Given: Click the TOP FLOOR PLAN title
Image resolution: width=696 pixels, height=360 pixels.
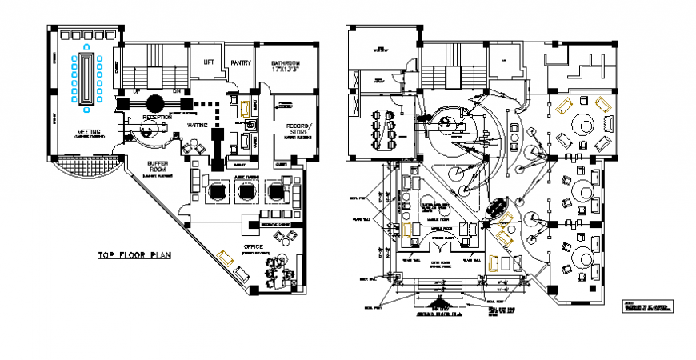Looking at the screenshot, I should (x=135, y=256).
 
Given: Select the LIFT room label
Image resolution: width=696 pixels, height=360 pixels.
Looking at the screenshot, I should (x=208, y=62).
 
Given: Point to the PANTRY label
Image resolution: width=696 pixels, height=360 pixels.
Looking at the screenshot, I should (x=240, y=62).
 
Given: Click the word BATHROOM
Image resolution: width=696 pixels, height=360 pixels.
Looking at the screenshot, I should (x=285, y=62).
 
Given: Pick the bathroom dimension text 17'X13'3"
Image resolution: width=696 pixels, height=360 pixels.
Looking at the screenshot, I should (x=285, y=70).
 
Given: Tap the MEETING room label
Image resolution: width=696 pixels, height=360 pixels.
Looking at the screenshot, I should (x=87, y=131).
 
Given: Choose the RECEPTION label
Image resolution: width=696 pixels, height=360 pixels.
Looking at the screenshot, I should (x=157, y=118).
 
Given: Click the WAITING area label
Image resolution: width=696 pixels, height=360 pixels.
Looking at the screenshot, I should (x=198, y=126).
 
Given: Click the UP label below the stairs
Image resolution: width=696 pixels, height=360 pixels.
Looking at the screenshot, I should (x=135, y=91).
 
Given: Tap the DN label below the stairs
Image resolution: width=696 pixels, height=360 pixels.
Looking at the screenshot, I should (x=178, y=91).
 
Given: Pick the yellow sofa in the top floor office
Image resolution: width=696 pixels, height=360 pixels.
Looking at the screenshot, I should (x=226, y=258).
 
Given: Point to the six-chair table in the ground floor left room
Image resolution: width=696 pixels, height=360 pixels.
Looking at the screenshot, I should (x=383, y=129).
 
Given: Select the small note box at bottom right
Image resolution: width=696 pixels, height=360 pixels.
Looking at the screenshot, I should (x=646, y=306).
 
